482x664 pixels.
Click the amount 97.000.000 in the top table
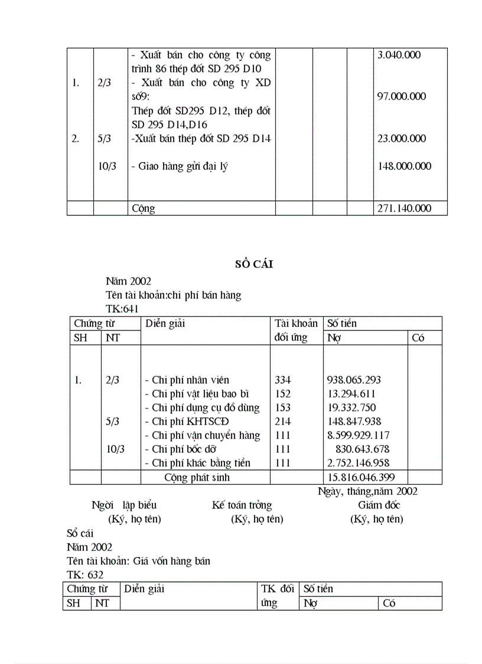coord(402,96)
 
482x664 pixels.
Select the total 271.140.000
coord(405,208)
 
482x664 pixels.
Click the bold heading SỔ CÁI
coord(254,265)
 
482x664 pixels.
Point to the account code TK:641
coord(122,308)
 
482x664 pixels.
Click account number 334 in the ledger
coord(283,380)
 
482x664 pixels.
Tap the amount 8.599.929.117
coord(358,436)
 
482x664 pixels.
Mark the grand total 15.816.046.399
coord(361,477)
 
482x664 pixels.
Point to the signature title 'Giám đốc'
coord(379,505)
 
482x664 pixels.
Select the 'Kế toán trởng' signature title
coord(242,505)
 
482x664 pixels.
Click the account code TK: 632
coord(86,575)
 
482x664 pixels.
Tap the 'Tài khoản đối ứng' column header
coord(296,331)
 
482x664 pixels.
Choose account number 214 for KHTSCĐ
coord(283,422)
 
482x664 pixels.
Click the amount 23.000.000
coord(402,138)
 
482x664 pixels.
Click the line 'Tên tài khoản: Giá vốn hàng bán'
coord(139,561)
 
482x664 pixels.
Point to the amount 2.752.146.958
coord(358,463)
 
